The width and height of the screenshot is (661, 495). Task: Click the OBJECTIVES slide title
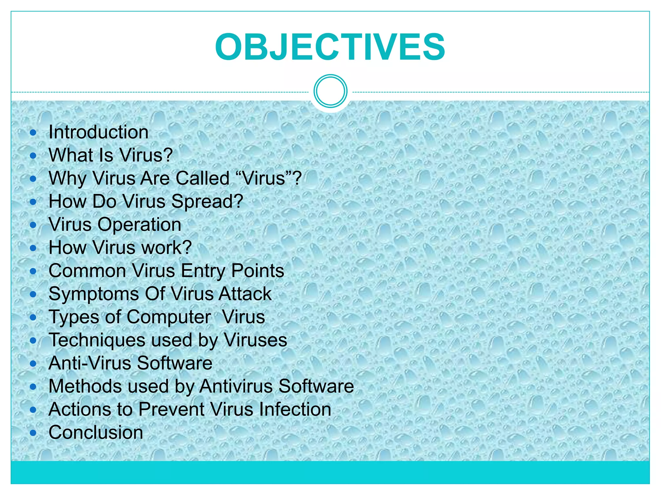[330, 47]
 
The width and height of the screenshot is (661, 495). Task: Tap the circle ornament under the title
[330, 91]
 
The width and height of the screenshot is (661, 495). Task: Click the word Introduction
[98, 132]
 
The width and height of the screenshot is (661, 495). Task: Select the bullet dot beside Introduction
[33, 132]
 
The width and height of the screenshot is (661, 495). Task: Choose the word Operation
[139, 225]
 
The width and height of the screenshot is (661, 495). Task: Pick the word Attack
[245, 294]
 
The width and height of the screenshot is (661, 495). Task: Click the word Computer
[169, 317]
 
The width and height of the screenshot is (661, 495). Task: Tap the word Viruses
[255, 340]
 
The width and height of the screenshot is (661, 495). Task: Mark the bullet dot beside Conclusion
[33, 432]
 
